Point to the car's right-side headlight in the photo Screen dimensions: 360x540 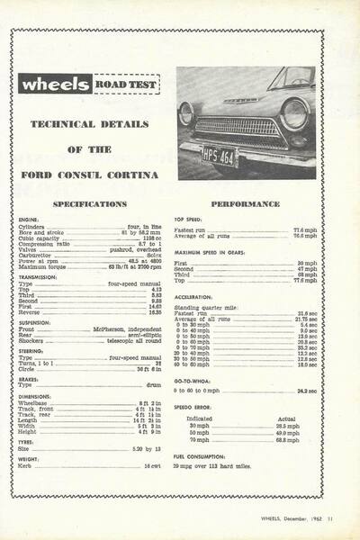click(293, 112)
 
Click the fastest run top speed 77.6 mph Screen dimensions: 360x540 click(303, 229)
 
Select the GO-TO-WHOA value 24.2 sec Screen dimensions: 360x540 click(304, 391)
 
